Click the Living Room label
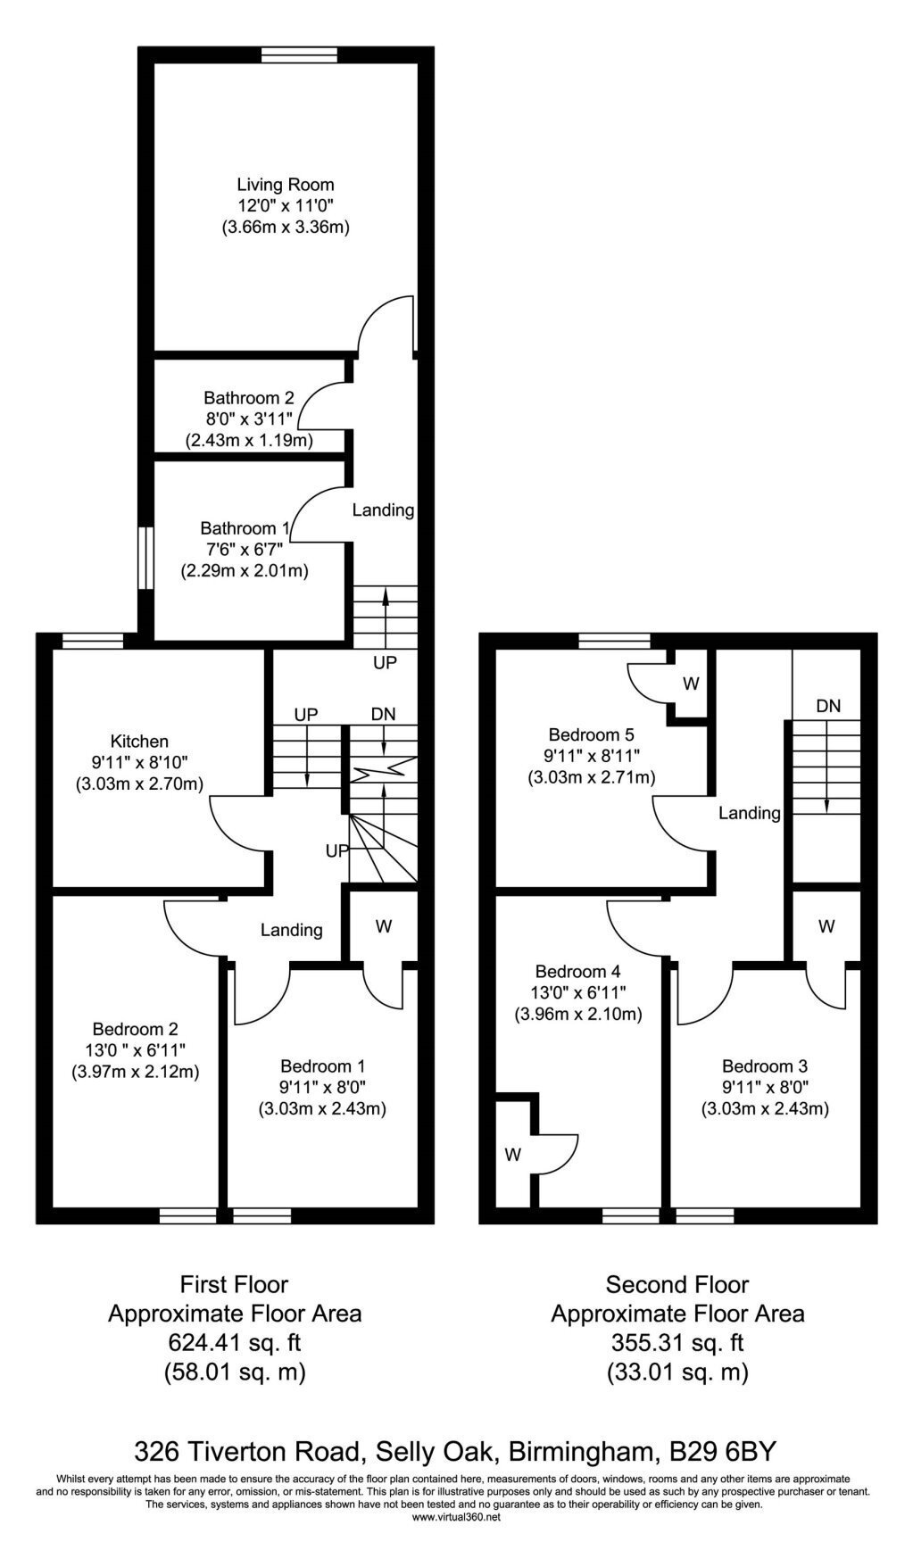286,186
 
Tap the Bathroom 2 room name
248,398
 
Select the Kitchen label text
139,742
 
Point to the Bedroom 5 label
591,735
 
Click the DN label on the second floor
828,706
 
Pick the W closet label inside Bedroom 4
512,1156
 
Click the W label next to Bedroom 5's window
691,684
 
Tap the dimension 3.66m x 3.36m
286,228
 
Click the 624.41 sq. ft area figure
236,1342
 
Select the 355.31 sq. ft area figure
677,1342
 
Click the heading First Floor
235,1285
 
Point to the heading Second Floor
677,1285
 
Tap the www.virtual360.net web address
456,1516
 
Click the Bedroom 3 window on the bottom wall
705,1215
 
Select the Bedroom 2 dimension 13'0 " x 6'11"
135,1050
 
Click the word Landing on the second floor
750,813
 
